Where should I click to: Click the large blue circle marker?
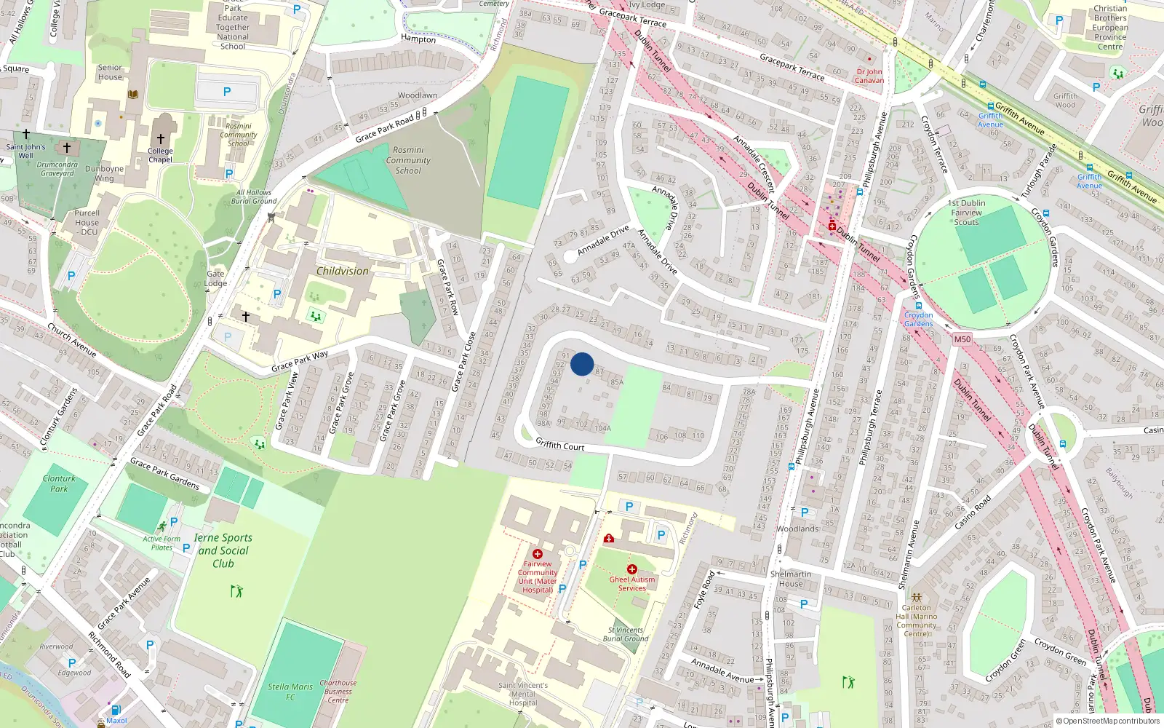tap(582, 364)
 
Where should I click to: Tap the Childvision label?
tap(342, 271)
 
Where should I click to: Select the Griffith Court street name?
tap(559, 444)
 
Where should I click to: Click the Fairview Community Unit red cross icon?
tap(538, 554)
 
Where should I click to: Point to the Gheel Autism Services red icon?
tap(631, 569)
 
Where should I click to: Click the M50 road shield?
tap(962, 339)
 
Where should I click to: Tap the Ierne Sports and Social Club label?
tap(223, 550)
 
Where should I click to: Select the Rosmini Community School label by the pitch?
tap(408, 160)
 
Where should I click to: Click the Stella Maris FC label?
tap(290, 692)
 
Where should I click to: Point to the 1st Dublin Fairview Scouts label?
tap(967, 213)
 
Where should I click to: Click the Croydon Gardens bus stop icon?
tap(918, 306)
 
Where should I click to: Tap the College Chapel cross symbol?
tap(161, 138)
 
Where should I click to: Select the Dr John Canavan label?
tap(869, 76)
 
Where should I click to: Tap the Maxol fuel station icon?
tap(115, 710)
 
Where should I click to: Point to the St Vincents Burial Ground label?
tap(625, 634)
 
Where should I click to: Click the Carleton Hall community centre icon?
tap(917, 597)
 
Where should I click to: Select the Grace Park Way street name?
tap(300, 361)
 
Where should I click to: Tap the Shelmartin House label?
tap(791, 579)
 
